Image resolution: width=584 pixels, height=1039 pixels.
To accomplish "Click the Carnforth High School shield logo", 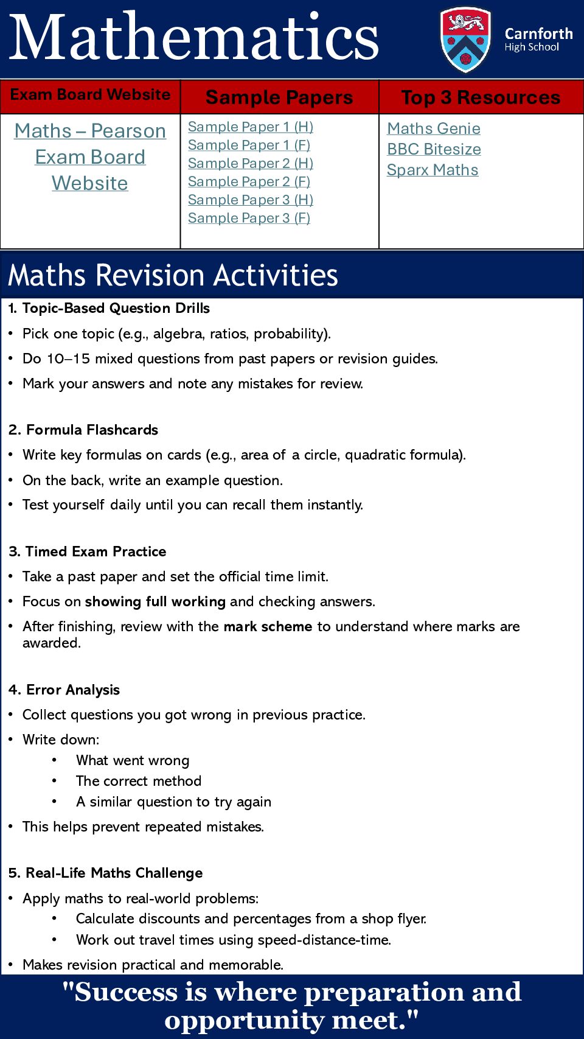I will [465, 40].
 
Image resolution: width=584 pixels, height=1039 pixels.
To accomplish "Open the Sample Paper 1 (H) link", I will [250, 127].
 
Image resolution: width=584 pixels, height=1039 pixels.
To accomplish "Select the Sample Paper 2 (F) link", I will [249, 182].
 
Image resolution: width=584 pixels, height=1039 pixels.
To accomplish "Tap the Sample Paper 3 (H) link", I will [250, 200].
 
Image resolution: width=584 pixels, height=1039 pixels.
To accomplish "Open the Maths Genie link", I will [434, 129].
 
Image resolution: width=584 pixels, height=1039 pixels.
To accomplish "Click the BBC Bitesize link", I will [434, 150].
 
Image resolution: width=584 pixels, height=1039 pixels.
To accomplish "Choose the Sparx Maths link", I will [433, 170].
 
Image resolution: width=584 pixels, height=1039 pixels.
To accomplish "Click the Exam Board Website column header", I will [90, 95].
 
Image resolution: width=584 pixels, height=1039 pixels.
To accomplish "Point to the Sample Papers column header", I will [279, 97].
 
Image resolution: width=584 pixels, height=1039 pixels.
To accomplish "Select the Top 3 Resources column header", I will [481, 97].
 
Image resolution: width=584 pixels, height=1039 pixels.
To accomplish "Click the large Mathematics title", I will [195, 38].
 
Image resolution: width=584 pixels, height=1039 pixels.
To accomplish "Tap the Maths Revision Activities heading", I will [173, 275].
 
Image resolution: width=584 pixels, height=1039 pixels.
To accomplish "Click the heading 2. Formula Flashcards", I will [83, 430].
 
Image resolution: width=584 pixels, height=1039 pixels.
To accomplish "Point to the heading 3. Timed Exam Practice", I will [87, 552].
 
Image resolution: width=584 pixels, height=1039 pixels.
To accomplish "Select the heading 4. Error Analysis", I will [64, 690].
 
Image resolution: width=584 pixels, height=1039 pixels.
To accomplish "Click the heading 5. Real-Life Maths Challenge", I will [105, 873].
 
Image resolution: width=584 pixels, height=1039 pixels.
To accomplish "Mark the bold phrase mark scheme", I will [268, 627].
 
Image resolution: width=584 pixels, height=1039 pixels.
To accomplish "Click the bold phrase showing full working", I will [155, 602].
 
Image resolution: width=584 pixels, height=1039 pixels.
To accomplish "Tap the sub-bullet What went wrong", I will [133, 761].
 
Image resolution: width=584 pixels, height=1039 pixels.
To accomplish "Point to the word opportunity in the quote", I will [243, 1020].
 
